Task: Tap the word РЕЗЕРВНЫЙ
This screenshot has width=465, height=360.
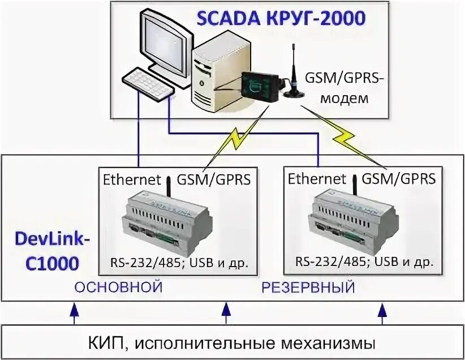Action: click(308, 287)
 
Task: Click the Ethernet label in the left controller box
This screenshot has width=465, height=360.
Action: click(131, 180)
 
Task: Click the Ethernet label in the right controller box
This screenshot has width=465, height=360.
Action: click(317, 179)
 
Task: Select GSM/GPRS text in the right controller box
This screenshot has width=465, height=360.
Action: click(399, 179)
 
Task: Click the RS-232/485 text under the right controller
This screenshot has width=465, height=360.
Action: click(329, 263)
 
